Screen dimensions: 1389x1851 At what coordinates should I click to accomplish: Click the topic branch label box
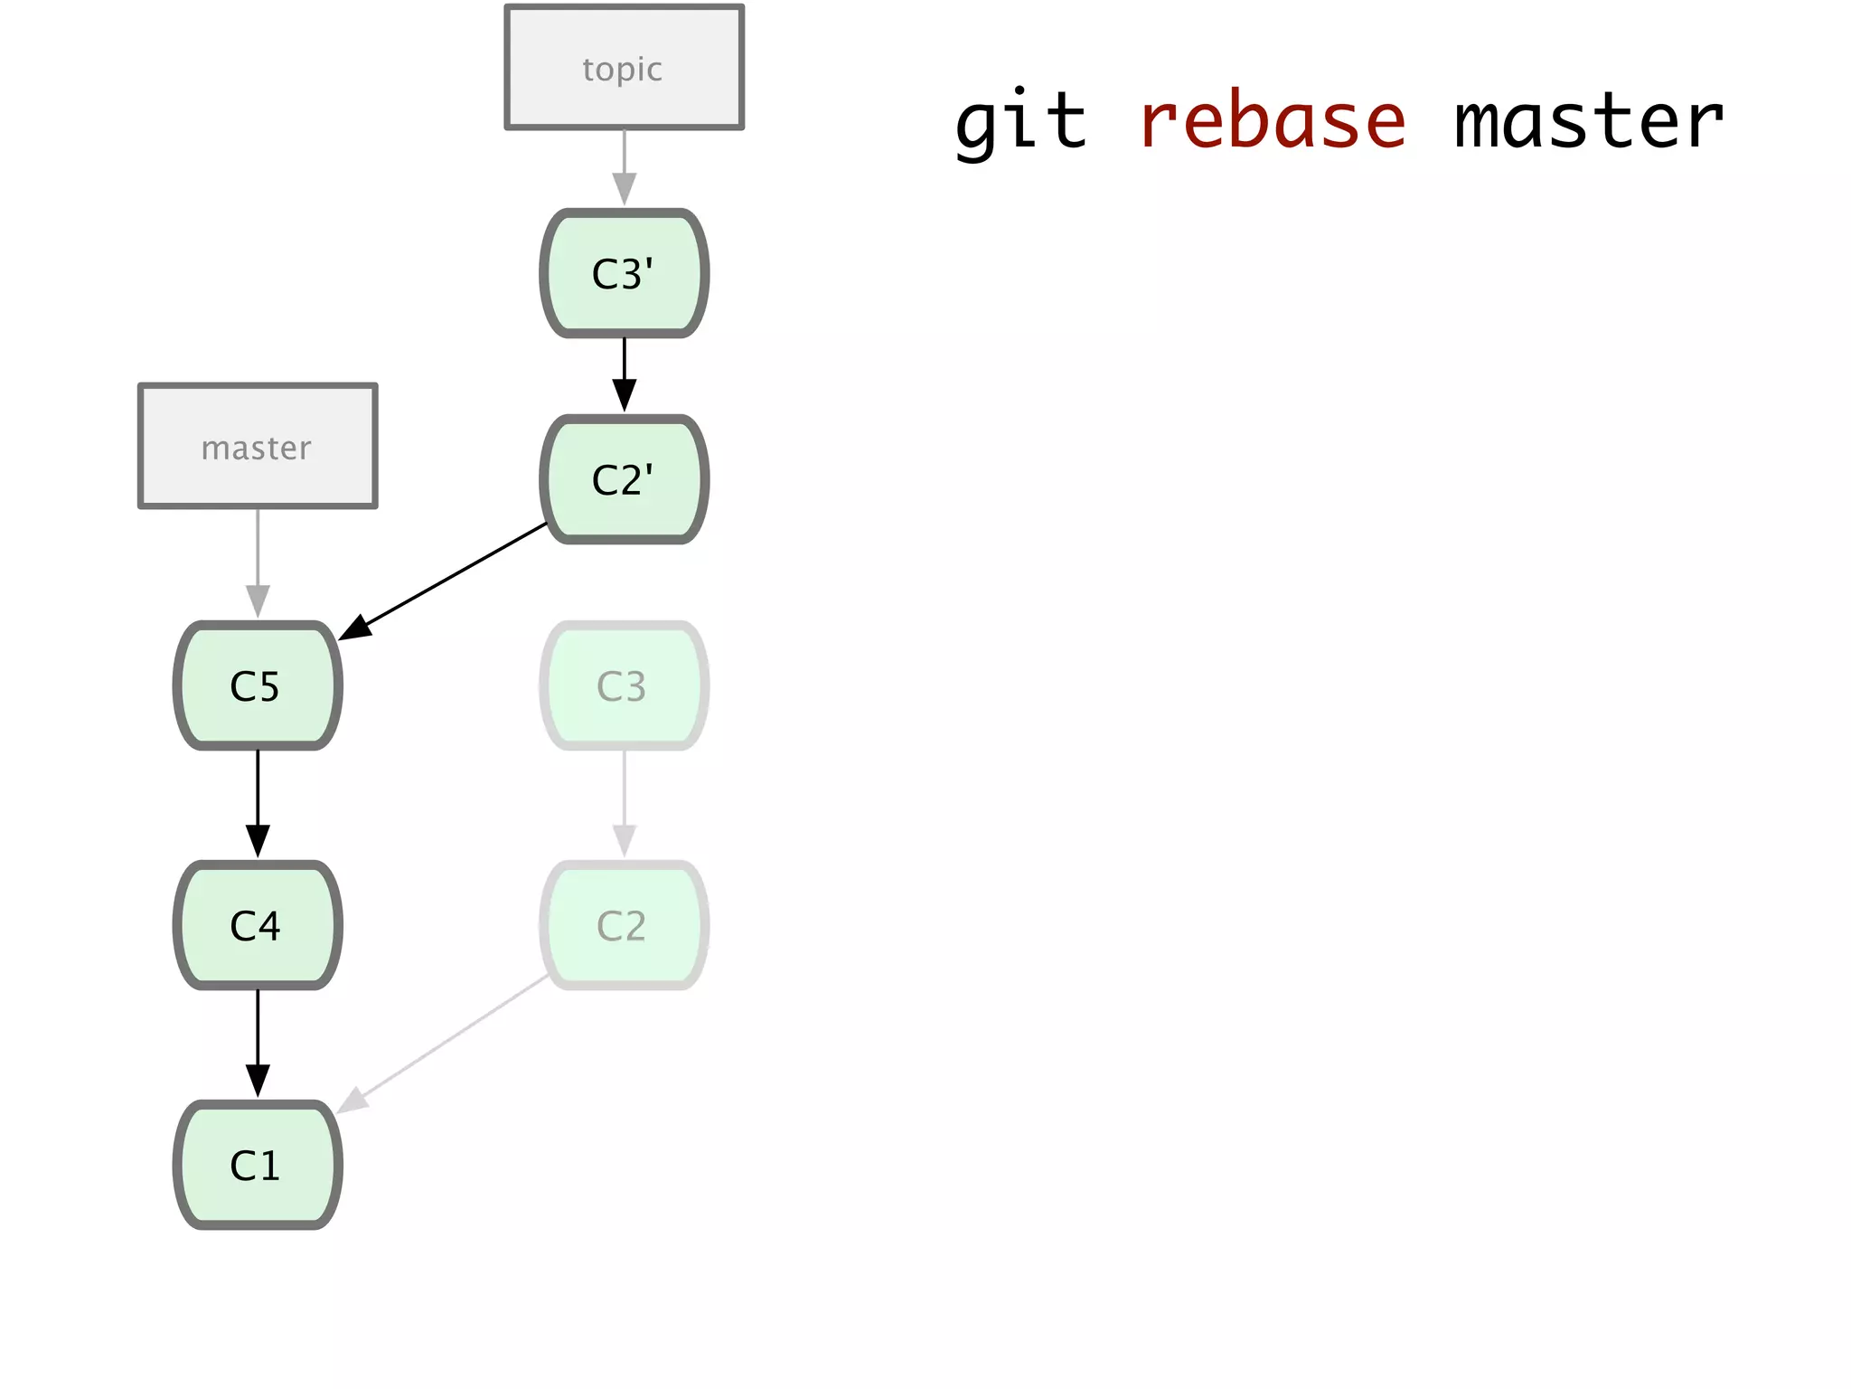click(624, 68)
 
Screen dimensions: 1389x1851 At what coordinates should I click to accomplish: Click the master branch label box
click(258, 446)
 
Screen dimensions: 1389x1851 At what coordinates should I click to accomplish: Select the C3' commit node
click(624, 273)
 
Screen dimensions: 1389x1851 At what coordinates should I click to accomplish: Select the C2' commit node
click(624, 479)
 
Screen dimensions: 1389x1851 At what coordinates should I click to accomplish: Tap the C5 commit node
click(258, 685)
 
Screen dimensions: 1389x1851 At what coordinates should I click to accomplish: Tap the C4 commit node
click(258, 925)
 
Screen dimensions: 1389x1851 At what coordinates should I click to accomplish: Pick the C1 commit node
click(258, 1165)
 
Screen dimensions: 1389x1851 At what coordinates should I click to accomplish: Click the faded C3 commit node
click(624, 685)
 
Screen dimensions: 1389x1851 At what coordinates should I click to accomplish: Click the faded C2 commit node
click(624, 925)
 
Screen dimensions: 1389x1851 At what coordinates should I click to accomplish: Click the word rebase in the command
click(1272, 122)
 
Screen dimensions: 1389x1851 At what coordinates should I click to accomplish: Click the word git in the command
click(1020, 122)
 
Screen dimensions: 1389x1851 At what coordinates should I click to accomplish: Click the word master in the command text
click(1588, 122)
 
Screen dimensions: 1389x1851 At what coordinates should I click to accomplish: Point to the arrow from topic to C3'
click(624, 167)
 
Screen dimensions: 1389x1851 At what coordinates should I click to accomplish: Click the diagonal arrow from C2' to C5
click(443, 581)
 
